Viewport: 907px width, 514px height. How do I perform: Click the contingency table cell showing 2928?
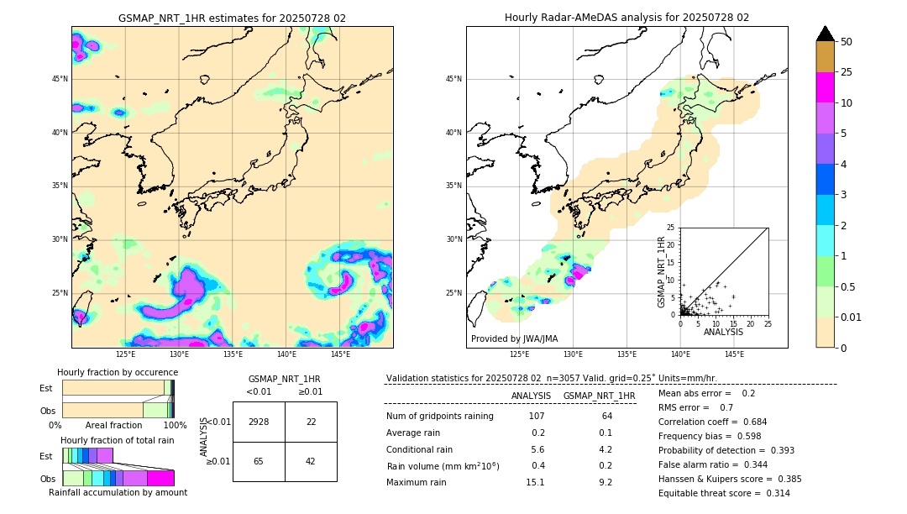pos(259,422)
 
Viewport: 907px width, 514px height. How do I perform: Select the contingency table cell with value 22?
pos(311,422)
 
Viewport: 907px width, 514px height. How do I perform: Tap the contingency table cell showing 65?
pos(259,461)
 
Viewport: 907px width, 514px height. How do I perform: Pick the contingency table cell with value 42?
pos(311,461)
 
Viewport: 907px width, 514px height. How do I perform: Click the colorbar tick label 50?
pos(847,42)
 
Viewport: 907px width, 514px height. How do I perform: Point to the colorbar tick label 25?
pos(847,72)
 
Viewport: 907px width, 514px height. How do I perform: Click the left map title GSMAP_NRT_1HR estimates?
pos(232,18)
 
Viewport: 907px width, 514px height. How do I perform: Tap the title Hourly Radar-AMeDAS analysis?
pos(627,18)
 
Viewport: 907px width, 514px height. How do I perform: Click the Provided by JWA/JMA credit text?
pos(514,338)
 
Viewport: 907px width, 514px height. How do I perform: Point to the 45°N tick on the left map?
pos(60,79)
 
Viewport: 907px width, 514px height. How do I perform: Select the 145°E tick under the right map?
pos(734,354)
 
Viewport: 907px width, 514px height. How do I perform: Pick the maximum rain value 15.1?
pos(535,482)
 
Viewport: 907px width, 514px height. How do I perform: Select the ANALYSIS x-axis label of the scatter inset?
pos(723,332)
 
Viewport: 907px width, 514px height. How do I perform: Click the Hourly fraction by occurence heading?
pos(118,372)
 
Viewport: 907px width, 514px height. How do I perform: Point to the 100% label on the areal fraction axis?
pos(175,425)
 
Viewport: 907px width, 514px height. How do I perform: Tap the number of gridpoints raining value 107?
pos(537,416)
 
